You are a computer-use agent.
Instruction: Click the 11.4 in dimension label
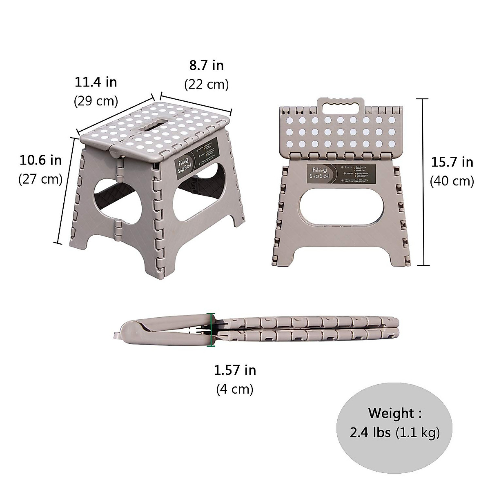point(96,82)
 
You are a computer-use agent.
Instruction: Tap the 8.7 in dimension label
point(206,65)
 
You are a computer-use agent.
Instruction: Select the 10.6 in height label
point(40,160)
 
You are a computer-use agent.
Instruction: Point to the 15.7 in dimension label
point(452,162)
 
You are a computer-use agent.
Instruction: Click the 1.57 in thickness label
point(235,370)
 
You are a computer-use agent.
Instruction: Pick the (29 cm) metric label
point(96,100)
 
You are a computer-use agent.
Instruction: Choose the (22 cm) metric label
point(206,84)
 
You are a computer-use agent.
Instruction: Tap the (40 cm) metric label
point(452,181)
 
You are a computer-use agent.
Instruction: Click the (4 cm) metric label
point(235,389)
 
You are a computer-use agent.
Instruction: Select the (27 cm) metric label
point(40,179)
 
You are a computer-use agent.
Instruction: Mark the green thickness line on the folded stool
point(211,330)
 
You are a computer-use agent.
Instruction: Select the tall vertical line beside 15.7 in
point(423,182)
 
